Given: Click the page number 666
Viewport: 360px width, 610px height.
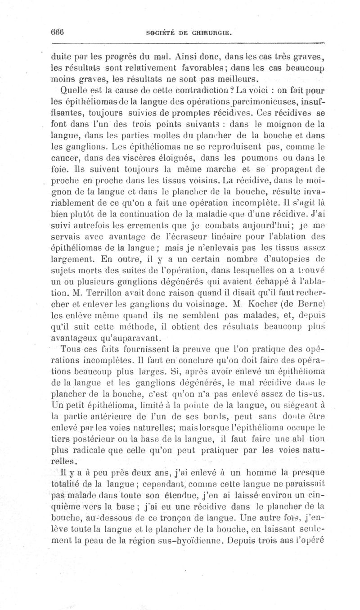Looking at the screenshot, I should coord(58,32).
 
